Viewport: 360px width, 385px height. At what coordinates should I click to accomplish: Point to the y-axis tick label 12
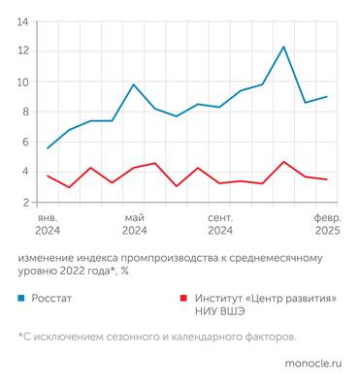coord(22,50)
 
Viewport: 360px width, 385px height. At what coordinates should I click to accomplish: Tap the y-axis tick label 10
coord(22,81)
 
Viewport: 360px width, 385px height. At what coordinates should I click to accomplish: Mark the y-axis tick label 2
coord(24,203)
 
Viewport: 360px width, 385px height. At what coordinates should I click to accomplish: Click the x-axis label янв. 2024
coord(48,224)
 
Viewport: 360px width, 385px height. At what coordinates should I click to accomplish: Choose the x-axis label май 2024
coord(134,224)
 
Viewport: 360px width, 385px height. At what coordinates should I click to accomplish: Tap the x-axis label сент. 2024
coord(220,224)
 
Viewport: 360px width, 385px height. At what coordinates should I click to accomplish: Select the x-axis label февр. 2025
coord(327,224)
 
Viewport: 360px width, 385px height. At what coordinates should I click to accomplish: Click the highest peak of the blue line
coord(283,47)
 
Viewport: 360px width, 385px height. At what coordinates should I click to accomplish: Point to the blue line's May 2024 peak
coord(134,84)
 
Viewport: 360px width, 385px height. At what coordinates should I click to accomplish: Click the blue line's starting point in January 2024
coord(48,148)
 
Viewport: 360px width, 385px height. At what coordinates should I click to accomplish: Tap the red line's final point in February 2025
coord(327,179)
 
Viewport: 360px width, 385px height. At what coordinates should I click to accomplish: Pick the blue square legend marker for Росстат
coord(21,298)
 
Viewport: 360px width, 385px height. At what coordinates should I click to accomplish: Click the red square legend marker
coord(184,298)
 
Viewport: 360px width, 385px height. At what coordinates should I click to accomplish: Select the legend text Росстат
coord(50,298)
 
